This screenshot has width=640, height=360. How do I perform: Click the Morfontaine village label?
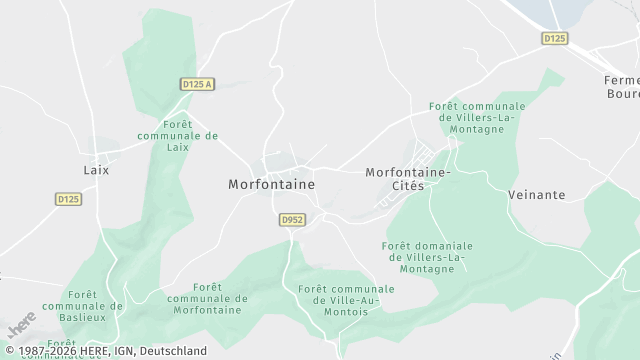click(271, 185)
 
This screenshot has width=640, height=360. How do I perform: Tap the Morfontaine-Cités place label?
click(408, 179)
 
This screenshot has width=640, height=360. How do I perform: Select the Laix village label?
click(97, 170)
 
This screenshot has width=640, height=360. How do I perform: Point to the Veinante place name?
click(537, 195)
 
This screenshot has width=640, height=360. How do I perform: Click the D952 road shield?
click(292, 219)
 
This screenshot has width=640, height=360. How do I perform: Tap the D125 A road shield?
click(198, 85)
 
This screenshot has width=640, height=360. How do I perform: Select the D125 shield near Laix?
click(67, 200)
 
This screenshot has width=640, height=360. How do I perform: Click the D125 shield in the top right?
click(555, 39)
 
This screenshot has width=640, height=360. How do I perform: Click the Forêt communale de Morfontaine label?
click(207, 298)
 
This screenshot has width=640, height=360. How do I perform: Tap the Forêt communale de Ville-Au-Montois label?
click(346, 300)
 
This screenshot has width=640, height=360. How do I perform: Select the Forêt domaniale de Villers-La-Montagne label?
click(427, 257)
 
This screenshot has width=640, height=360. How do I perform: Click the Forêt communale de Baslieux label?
click(84, 306)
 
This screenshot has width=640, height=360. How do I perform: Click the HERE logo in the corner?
click(21, 326)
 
